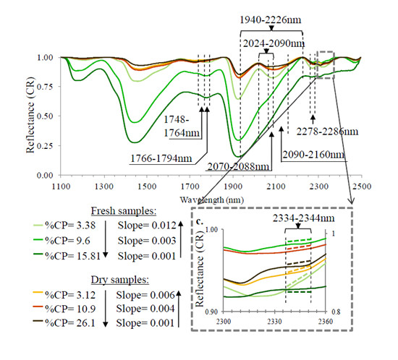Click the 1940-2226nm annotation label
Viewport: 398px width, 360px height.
point(271,20)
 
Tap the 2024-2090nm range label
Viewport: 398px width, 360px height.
point(274,43)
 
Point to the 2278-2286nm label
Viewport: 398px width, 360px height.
point(327,132)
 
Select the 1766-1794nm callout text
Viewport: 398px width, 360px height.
point(161,158)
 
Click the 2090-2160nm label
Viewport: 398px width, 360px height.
point(313,155)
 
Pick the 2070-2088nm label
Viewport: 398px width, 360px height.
point(238,166)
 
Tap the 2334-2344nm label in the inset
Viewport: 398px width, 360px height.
point(304,218)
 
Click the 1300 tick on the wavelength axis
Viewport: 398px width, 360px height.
point(104,187)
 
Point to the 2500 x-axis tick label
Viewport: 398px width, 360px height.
point(362,187)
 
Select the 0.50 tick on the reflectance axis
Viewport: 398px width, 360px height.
point(45,116)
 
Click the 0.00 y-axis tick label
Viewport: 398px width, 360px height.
point(45,176)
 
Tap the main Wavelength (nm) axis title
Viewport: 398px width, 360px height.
point(212,200)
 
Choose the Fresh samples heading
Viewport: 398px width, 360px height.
point(124,211)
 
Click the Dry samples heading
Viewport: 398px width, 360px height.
point(120,280)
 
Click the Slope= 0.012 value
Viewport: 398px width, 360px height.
point(147,226)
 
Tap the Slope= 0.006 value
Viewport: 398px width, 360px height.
point(145,295)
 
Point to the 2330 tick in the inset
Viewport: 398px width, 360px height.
point(275,322)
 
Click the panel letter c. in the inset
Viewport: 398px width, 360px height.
point(200,222)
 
